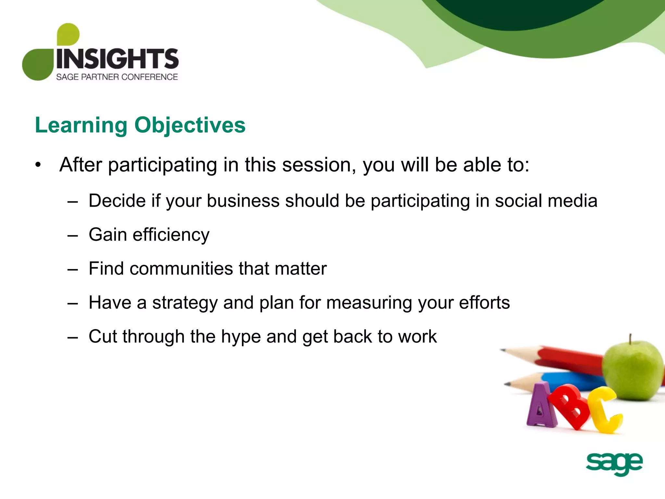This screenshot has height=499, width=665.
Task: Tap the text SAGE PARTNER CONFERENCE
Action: (117, 77)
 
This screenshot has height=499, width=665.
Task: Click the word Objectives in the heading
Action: (190, 125)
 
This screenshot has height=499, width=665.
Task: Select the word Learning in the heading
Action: (81, 125)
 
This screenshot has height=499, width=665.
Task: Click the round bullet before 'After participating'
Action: (38, 165)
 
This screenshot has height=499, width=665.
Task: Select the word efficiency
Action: (171, 235)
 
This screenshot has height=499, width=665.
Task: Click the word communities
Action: (181, 269)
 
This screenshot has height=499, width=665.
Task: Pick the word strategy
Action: (185, 303)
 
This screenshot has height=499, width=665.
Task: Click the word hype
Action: (241, 337)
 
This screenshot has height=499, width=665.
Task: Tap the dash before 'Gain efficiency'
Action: (72, 235)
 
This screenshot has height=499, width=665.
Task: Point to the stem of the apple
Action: (630, 339)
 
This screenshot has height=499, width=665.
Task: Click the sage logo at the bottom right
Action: (614, 463)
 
